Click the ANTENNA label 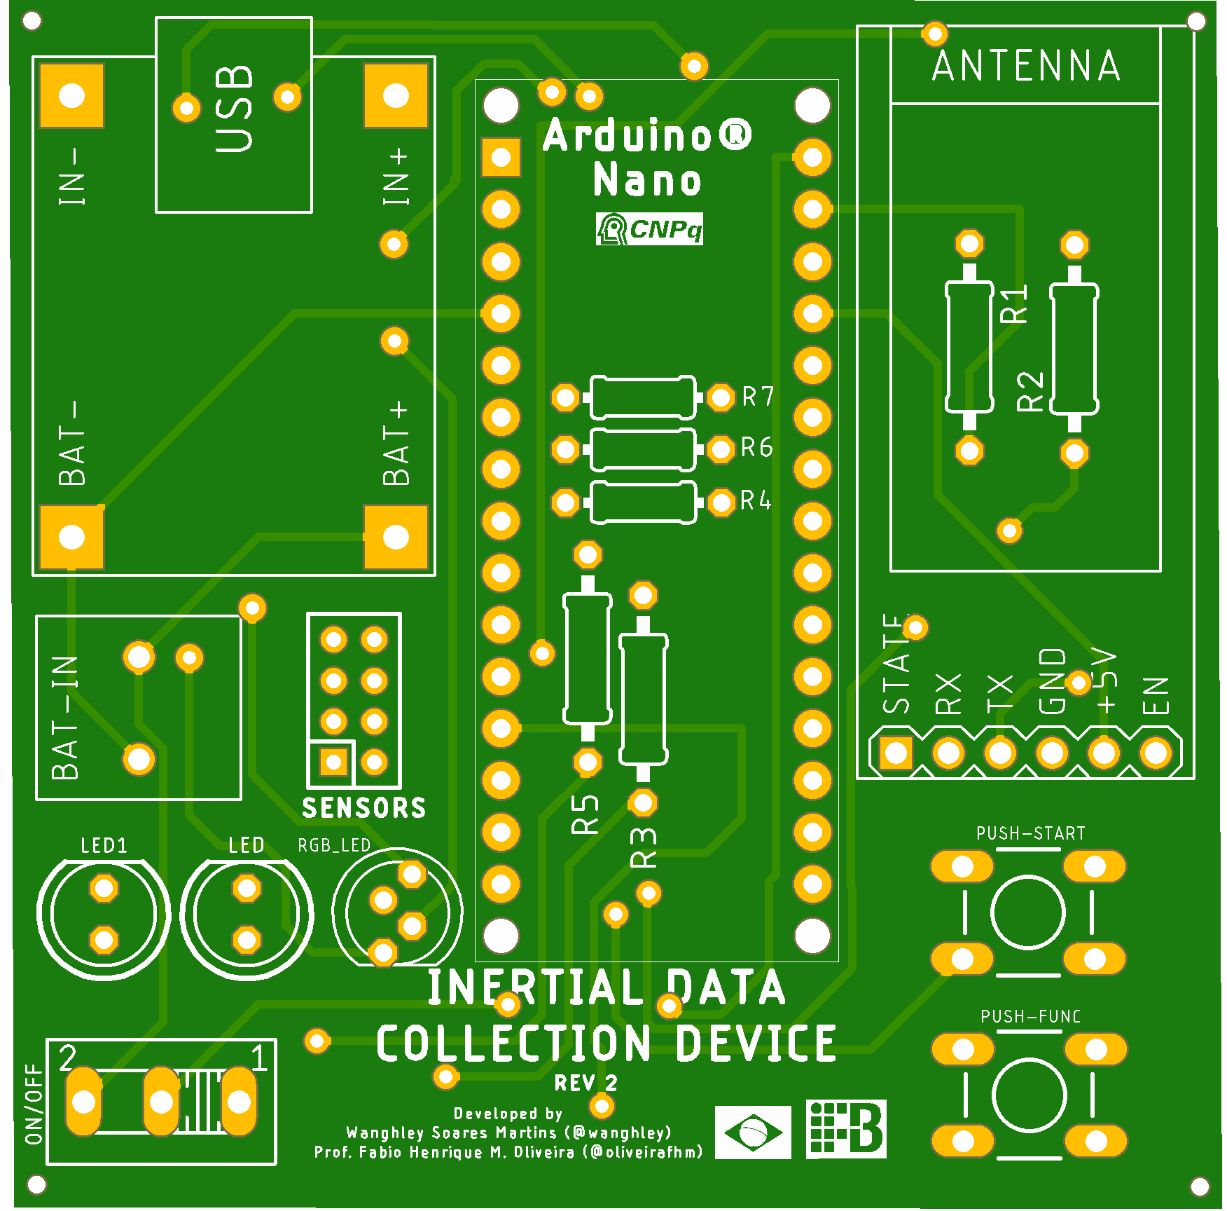pos(1026,67)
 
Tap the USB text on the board pos(234,109)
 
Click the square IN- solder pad pos(71,96)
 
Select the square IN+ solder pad pos(396,96)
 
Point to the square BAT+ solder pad pos(396,538)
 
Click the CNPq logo pos(649,228)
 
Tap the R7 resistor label pos(758,397)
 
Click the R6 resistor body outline pos(643,449)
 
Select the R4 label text pos(756,500)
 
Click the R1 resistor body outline pos(969,347)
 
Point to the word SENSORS pos(363,808)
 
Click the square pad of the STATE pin pos(896,753)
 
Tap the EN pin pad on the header pos(1156,753)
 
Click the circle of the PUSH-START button pos(1028,912)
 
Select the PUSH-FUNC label pos(1030,1016)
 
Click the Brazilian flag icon pos(753,1132)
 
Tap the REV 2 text pos(585,1083)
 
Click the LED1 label pos(104,846)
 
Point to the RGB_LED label pos(334,845)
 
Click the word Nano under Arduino pos(646,180)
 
